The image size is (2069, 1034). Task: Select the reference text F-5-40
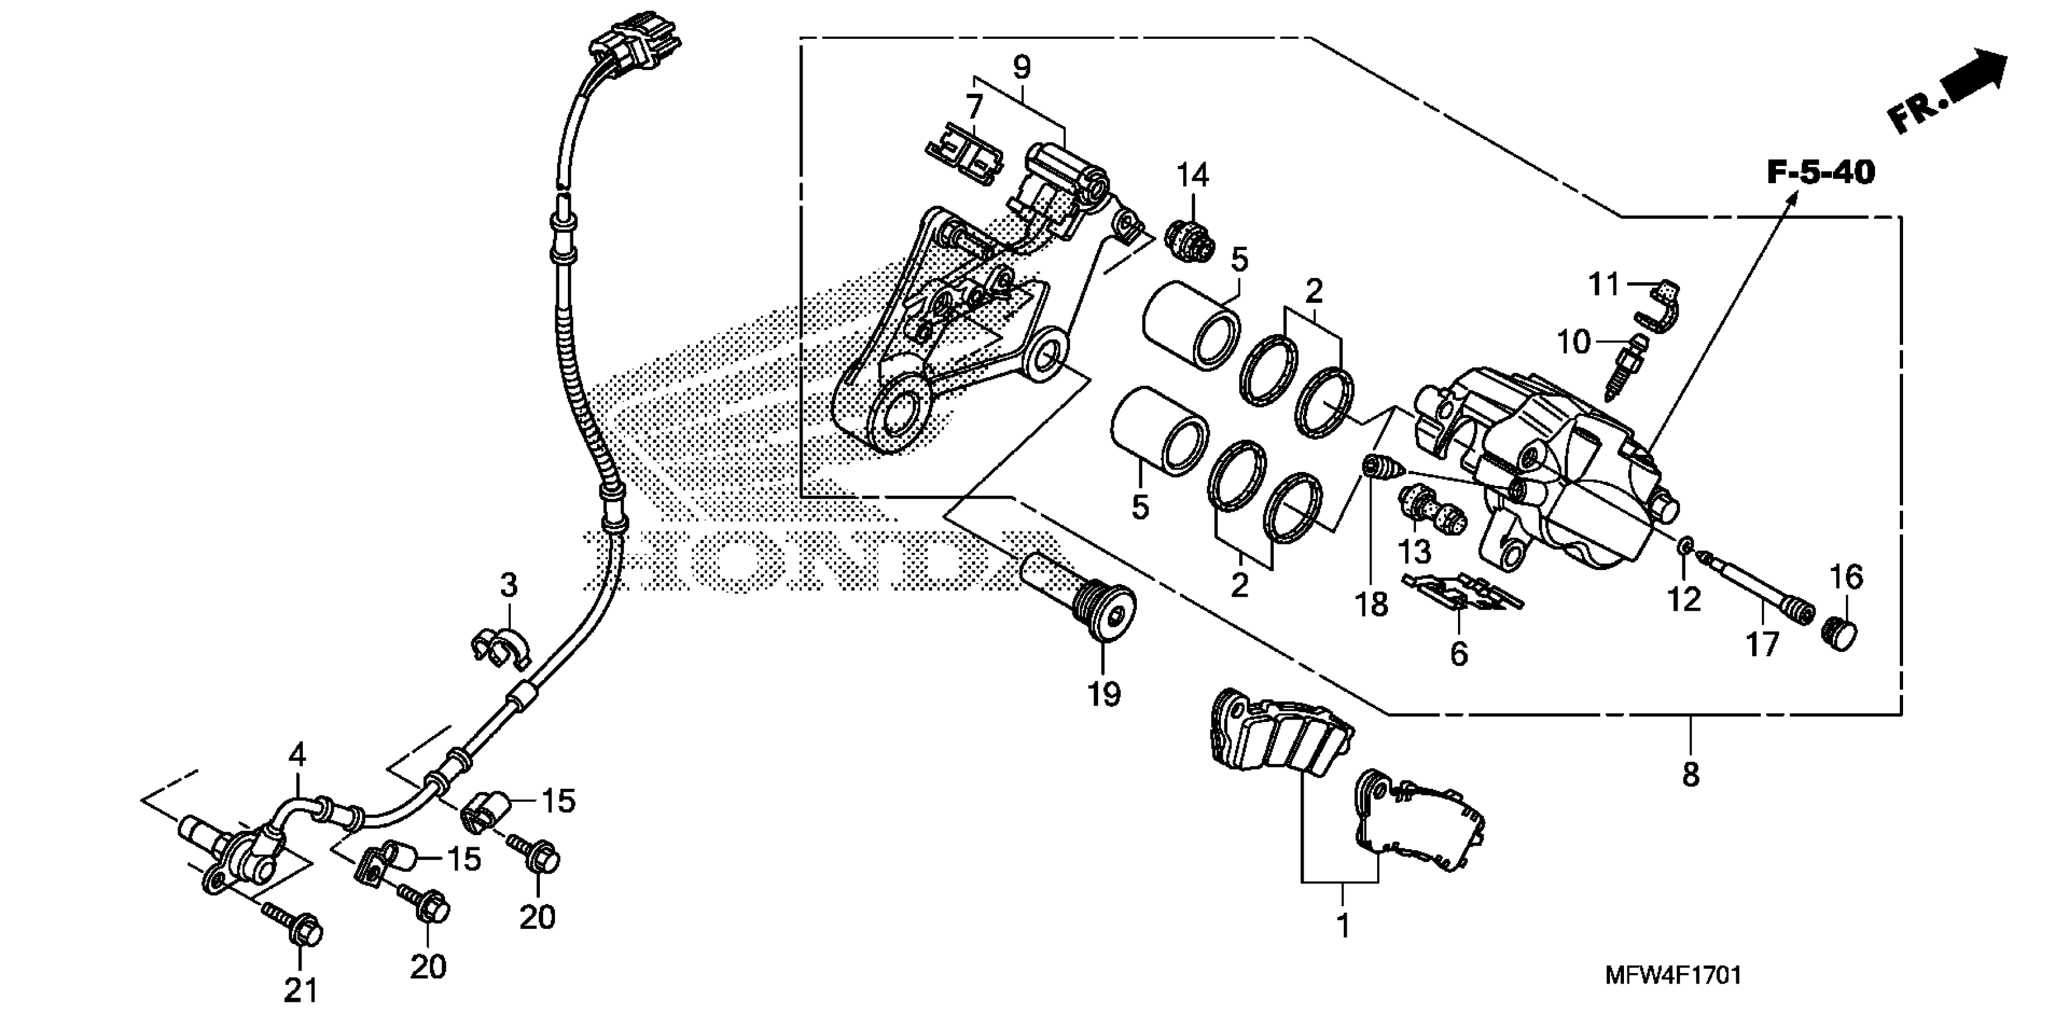(x=1820, y=173)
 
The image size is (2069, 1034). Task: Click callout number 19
(x=1104, y=693)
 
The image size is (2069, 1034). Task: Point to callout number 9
(x=1021, y=68)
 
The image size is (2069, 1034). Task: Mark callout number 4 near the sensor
(x=297, y=754)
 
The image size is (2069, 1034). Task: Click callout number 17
(x=1762, y=644)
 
